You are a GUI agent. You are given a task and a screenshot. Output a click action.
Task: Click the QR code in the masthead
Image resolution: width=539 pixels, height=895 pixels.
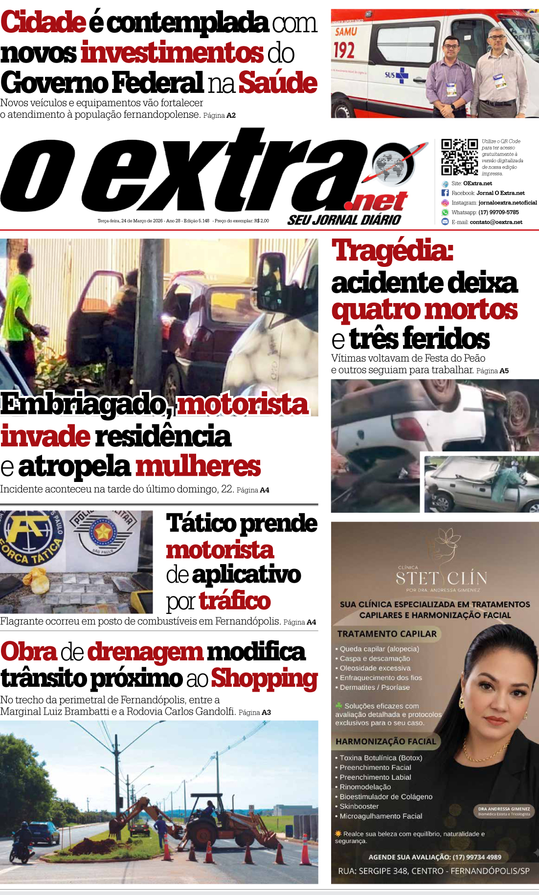tap(459, 157)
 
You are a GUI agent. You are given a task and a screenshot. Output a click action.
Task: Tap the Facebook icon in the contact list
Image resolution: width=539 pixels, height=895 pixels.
tap(445, 193)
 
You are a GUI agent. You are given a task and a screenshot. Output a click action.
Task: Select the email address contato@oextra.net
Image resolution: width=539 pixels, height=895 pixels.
tap(496, 222)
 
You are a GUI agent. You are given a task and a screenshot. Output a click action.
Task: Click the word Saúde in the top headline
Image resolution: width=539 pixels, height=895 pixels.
tap(278, 83)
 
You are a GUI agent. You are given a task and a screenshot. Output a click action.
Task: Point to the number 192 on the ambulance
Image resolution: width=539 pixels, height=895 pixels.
tap(344, 50)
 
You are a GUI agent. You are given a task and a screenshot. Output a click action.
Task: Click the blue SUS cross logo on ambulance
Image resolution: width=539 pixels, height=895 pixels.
tap(402, 75)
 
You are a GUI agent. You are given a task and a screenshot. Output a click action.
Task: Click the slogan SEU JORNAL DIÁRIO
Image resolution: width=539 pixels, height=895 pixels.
tap(344, 220)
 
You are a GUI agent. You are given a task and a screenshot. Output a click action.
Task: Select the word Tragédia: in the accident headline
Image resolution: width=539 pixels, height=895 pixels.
tap(392, 251)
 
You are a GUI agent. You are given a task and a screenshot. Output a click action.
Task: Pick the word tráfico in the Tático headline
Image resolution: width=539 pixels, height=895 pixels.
tap(235, 601)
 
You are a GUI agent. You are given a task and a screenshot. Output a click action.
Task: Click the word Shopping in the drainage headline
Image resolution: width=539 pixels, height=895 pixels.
tap(264, 678)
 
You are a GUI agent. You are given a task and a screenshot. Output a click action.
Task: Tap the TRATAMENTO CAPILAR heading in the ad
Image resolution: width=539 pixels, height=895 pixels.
tap(386, 634)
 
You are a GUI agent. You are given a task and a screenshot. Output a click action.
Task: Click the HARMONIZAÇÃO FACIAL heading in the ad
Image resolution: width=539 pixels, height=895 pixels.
tap(385, 742)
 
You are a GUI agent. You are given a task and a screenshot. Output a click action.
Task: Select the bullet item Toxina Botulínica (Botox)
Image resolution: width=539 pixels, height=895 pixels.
tap(381, 758)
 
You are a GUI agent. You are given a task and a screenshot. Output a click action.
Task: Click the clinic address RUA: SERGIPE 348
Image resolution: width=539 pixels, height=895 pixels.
tap(433, 871)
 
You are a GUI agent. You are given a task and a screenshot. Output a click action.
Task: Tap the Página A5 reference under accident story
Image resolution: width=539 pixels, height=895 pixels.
tap(493, 371)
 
